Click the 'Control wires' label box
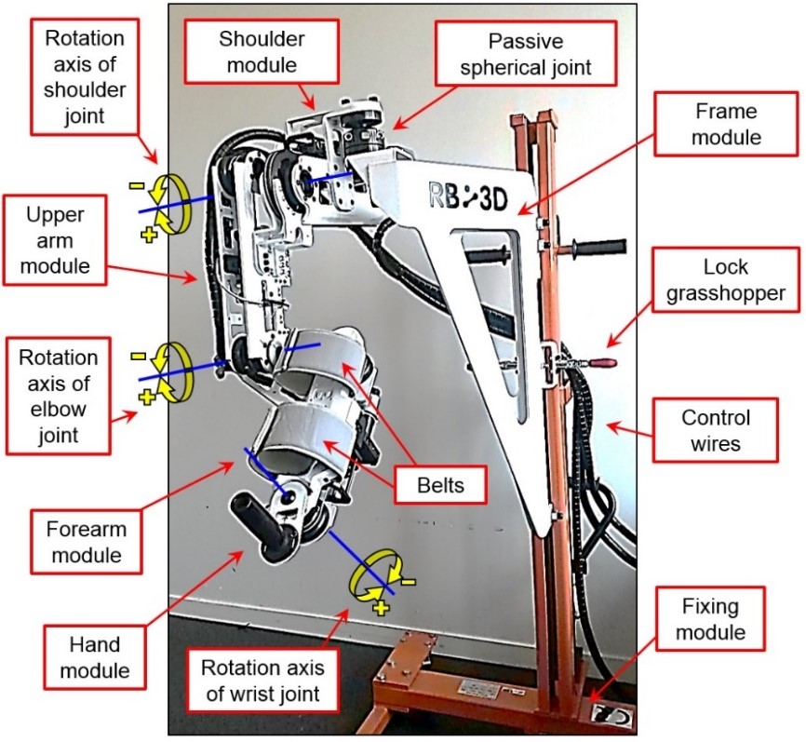coord(715,429)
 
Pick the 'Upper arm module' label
coord(55,241)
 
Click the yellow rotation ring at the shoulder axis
coord(171,202)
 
